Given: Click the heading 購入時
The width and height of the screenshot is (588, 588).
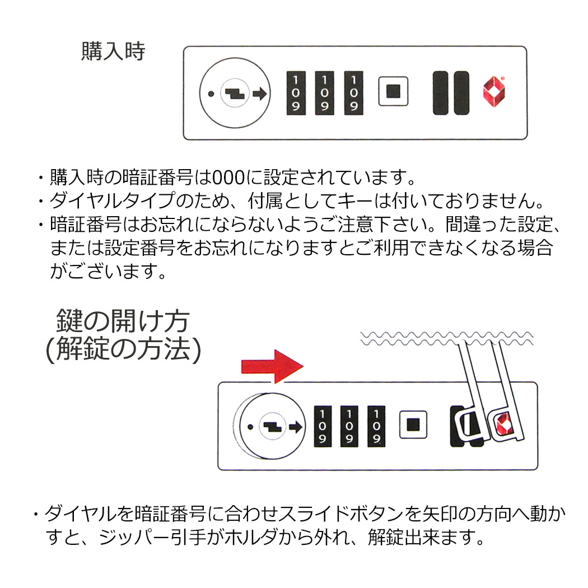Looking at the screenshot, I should tap(113, 51).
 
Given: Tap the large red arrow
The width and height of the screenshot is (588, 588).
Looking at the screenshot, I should tap(271, 366).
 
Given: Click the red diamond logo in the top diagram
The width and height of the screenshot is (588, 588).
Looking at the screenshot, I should tap(494, 91).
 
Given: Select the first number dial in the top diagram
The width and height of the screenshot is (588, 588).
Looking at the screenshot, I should tap(295, 92).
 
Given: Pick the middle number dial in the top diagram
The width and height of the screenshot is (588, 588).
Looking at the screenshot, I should tap(324, 92).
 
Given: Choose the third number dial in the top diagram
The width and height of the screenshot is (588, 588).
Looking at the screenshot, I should tap(352, 92).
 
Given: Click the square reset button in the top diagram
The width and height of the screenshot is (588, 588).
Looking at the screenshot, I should tap(393, 91).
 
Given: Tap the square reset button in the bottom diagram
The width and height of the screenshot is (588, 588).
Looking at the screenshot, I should tap(413, 424).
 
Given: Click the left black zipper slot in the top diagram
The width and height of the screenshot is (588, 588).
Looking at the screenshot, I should tap(442, 93).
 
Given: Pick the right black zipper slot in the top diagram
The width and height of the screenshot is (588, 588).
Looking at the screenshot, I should tap(461, 93).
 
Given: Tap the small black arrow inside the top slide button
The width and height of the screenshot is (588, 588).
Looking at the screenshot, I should tap(259, 94).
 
